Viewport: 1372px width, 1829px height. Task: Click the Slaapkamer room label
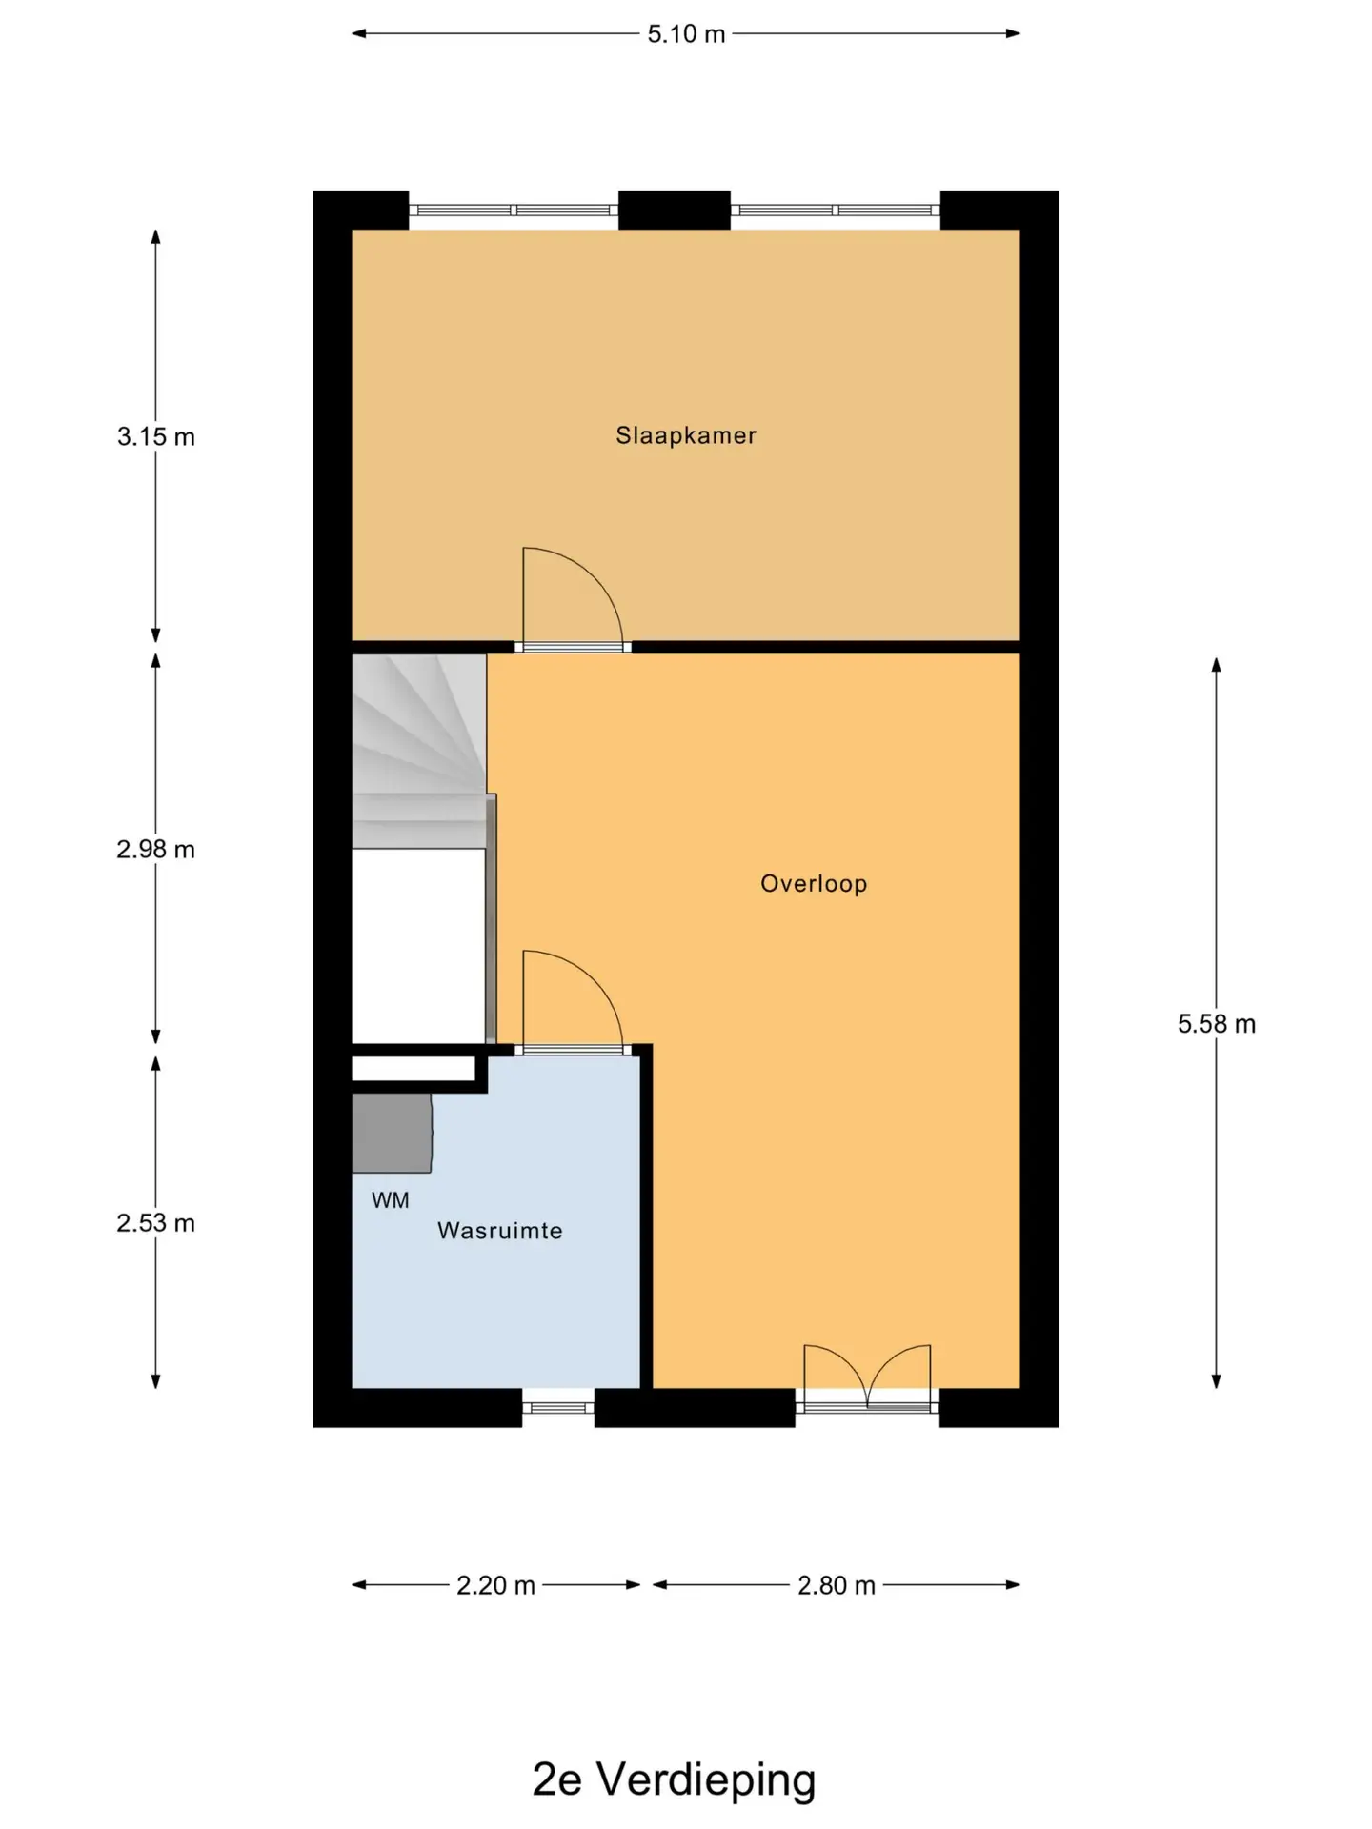pyautogui.click(x=686, y=435)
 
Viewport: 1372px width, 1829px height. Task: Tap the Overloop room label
pyautogui.click(x=814, y=883)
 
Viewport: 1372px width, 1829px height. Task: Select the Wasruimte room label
pyautogui.click(x=500, y=1231)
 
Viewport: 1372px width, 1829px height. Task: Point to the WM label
pyautogui.click(x=391, y=1200)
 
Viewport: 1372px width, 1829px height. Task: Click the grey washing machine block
pyautogui.click(x=392, y=1133)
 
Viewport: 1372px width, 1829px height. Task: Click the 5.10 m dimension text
pyautogui.click(x=686, y=34)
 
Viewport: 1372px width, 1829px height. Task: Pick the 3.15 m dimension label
pyautogui.click(x=156, y=437)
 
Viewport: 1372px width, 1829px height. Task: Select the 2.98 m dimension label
pyautogui.click(x=156, y=850)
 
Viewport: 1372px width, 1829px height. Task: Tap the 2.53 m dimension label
pyautogui.click(x=156, y=1223)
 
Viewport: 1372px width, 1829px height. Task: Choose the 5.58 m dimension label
pyautogui.click(x=1217, y=1024)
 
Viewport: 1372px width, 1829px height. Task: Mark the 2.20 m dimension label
pyautogui.click(x=495, y=1585)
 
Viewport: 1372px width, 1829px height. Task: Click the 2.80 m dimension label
pyautogui.click(x=837, y=1585)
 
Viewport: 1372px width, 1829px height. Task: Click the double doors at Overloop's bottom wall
pyautogui.click(x=867, y=1376)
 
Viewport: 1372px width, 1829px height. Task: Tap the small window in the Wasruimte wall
pyautogui.click(x=558, y=1407)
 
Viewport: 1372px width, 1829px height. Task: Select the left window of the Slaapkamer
pyautogui.click(x=514, y=210)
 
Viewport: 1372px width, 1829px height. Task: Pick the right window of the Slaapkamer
pyautogui.click(x=836, y=210)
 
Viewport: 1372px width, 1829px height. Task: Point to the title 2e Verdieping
pyautogui.click(x=675, y=1779)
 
